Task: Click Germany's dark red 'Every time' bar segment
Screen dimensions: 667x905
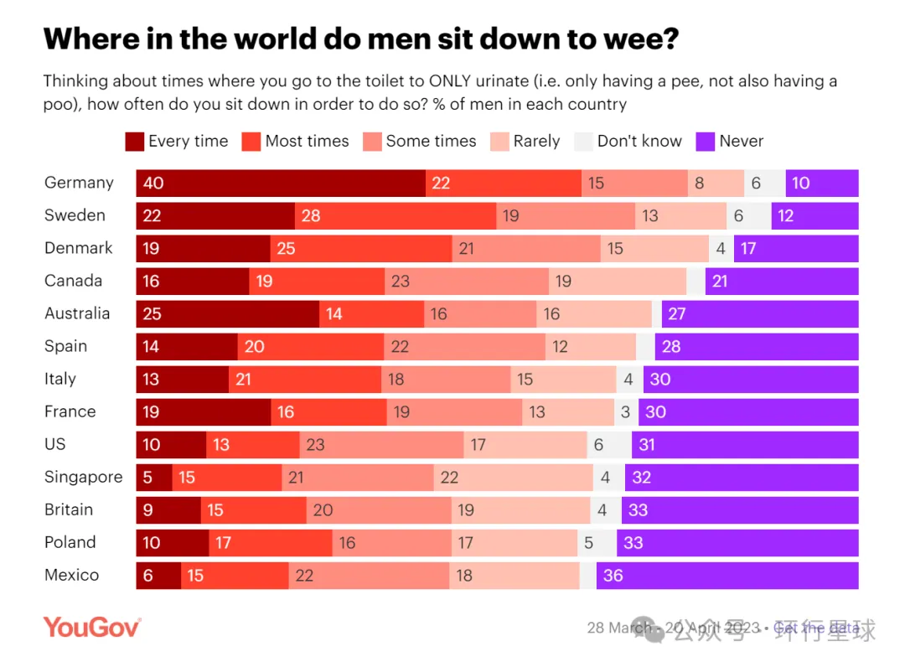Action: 281,183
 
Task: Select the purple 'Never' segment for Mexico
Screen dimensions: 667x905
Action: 727,576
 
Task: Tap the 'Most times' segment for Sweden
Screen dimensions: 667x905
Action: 395,215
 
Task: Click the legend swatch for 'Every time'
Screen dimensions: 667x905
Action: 134,142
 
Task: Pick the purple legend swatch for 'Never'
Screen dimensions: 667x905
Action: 706,142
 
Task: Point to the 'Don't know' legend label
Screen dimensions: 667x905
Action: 639,142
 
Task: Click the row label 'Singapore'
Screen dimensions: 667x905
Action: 83,477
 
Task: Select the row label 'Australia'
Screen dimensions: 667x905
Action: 77,313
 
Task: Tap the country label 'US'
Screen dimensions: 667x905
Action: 55,444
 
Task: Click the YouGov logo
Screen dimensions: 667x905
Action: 92,627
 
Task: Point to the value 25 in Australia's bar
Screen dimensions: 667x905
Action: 152,314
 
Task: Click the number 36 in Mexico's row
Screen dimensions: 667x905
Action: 613,576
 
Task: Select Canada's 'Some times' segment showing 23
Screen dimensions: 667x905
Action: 467,281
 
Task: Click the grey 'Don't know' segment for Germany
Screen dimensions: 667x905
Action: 764,183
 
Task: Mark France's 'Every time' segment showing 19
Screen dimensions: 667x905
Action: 203,411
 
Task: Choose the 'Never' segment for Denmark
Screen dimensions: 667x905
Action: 796,248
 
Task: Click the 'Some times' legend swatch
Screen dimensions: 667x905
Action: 372,142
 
